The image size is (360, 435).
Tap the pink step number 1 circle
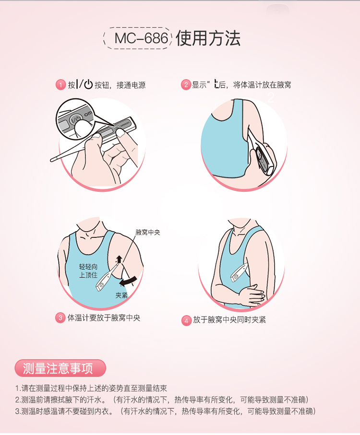click(60, 85)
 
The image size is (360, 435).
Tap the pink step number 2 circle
click(186, 85)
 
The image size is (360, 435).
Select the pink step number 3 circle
click(60, 317)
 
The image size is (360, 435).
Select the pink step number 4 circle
click(187, 320)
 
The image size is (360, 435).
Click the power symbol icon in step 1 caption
click(88, 85)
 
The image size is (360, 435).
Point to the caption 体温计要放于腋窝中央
click(104, 317)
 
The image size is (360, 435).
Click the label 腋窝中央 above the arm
click(147, 233)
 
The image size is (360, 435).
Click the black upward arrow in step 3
click(119, 259)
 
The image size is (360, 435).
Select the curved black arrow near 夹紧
click(130, 280)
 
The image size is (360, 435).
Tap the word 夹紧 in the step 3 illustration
click(121, 295)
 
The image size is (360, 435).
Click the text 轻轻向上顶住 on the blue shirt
click(88, 271)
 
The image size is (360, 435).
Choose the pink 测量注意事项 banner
click(60, 368)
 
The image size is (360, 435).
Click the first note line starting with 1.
click(91, 388)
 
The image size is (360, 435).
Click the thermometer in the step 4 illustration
click(239, 272)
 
